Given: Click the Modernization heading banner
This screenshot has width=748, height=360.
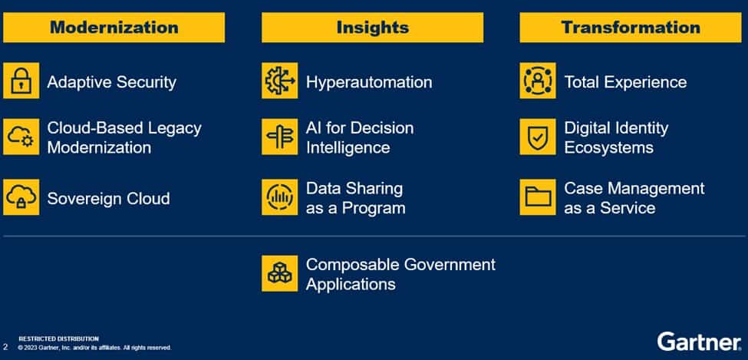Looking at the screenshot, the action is [114, 27].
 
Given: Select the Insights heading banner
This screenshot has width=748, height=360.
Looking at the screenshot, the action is [373, 27].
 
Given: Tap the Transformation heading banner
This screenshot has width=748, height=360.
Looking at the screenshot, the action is [631, 27].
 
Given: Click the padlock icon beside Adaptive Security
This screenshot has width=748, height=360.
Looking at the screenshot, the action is [21, 81].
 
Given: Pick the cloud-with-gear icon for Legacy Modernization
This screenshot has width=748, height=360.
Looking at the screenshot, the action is [21, 137].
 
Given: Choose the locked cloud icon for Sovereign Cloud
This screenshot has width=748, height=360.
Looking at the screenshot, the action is [21, 197].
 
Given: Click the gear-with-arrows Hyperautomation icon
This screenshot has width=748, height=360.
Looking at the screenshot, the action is [279, 81].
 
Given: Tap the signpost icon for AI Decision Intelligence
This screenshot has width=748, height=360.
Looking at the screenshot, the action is [279, 137].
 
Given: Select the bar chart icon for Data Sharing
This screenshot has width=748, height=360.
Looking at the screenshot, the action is [279, 197].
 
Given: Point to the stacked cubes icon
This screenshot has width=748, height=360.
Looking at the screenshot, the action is [279, 273].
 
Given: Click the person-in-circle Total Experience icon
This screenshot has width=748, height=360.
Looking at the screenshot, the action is [538, 81].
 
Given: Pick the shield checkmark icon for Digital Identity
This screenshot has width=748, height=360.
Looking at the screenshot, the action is [538, 137].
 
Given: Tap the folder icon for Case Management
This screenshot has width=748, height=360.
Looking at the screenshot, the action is [538, 197].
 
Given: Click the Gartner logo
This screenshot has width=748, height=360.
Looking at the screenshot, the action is [700, 342].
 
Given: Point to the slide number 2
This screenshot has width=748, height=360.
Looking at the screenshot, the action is [5, 347].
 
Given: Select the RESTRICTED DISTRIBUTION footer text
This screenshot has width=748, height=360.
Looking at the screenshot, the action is [58, 339].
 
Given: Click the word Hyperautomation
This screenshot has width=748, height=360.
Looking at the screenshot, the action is [369, 82].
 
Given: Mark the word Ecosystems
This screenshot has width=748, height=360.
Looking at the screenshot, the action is [608, 147].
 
